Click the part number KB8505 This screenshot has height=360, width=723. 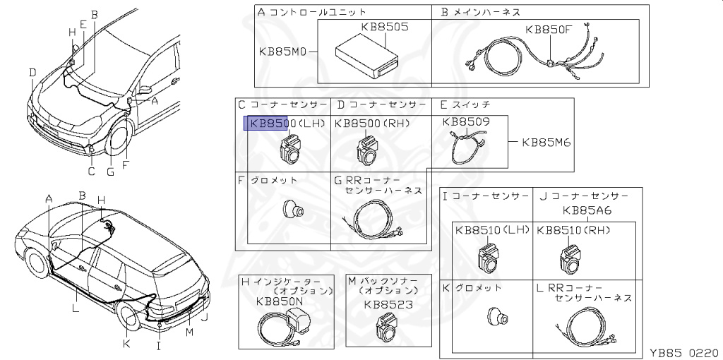385,27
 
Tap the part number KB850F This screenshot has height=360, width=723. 549,30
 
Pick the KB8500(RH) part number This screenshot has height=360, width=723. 373,124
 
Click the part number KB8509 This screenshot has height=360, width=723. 465,121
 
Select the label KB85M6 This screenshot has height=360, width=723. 546,142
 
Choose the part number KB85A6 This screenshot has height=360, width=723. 587,210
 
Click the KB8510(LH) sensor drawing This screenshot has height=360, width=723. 489,258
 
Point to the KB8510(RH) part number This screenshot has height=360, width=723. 573,230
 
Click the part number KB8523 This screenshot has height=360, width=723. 388,304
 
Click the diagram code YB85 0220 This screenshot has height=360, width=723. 684,351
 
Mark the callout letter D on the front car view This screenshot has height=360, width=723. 32,72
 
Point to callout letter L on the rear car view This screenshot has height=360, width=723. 75,308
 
